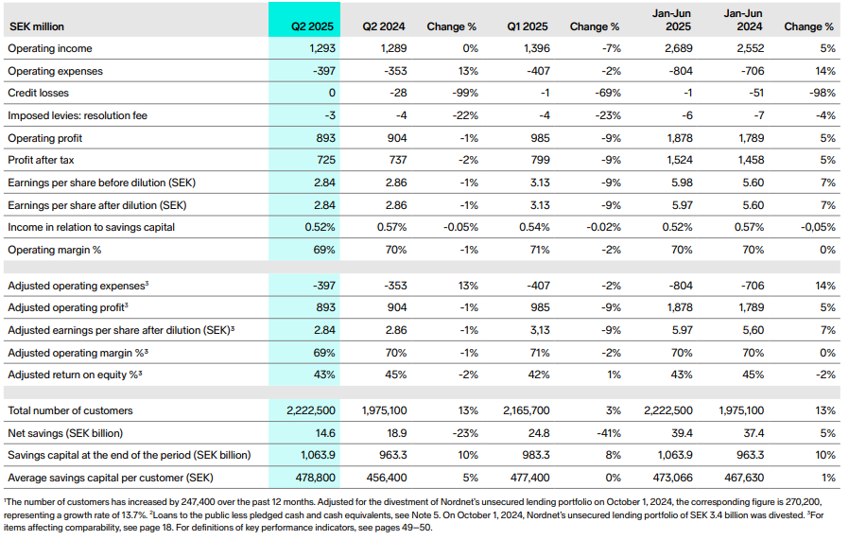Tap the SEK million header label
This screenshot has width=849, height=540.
(x=36, y=27)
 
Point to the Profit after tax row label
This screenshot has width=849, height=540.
(x=42, y=160)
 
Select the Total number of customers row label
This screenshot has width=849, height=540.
(x=70, y=410)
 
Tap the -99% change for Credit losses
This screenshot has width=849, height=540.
(x=464, y=94)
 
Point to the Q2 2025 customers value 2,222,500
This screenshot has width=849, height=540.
(x=310, y=410)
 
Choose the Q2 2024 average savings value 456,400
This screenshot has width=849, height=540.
(x=387, y=478)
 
